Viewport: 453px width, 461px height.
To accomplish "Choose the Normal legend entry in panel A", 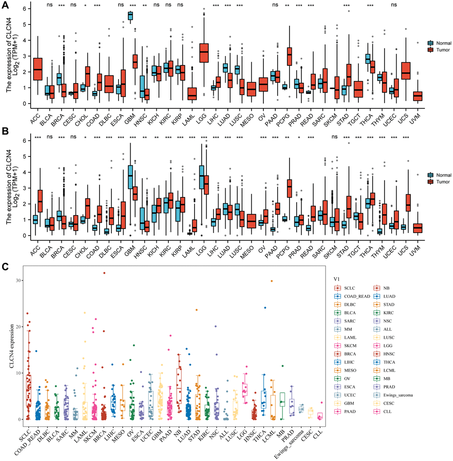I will pos(441,43).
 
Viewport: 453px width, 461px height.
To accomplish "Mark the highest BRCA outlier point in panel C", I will pos(104,273).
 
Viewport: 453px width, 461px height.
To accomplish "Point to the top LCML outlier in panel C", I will pos(272,281).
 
